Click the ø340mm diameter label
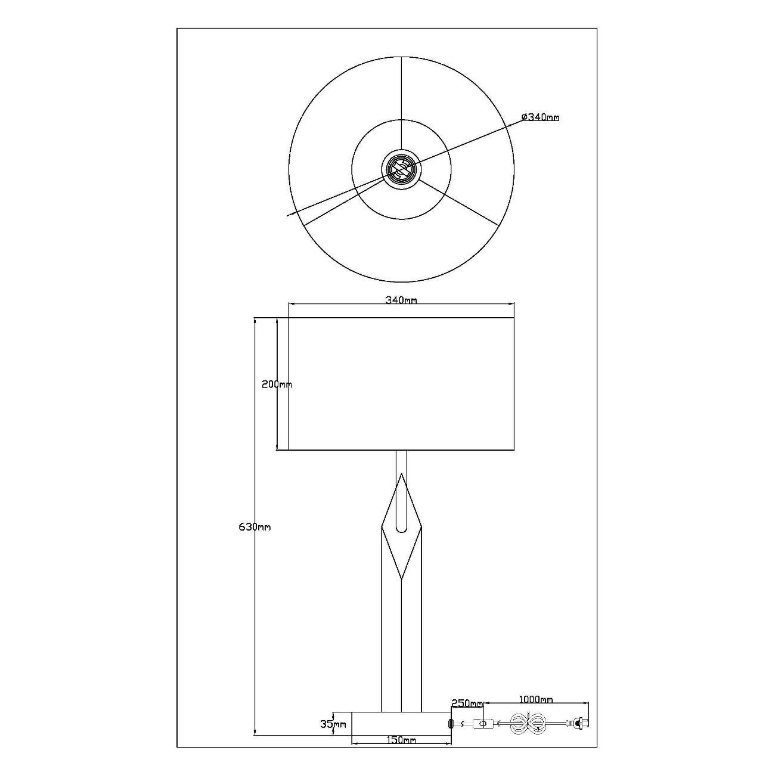540,117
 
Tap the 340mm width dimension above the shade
401,300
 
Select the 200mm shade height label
277,385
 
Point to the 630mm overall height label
255,527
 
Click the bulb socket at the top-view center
401,170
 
